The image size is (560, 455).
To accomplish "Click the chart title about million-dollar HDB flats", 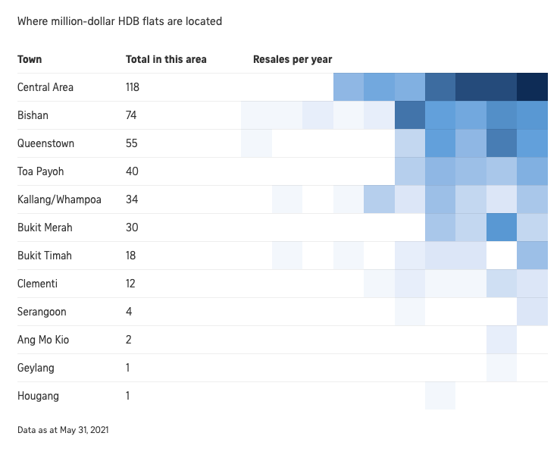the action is (120, 21).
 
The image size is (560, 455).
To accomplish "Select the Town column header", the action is (30, 59).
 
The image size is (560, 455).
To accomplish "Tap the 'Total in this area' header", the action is (166, 59).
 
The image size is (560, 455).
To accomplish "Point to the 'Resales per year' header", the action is (293, 59).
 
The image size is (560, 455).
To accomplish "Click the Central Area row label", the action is (45, 87).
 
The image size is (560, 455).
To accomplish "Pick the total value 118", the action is (133, 87).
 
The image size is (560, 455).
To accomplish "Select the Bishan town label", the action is (33, 115).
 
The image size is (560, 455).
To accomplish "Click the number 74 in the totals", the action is (131, 115).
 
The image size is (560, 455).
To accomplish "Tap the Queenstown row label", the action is (45, 143).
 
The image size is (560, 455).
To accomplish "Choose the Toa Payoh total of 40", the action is (132, 171).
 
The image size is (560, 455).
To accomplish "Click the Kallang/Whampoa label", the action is (59, 199).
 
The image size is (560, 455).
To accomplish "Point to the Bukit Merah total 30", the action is (132, 227).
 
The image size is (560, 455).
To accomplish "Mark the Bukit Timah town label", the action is (45, 256).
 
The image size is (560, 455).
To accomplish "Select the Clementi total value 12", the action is (130, 284).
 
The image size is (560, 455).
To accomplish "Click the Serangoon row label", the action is (42, 312).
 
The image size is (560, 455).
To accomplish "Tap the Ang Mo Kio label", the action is (43, 340).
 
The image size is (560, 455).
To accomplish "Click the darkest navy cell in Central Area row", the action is (532, 87).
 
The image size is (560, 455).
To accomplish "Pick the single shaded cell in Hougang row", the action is (440, 395).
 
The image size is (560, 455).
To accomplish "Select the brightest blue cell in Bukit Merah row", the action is (502, 227).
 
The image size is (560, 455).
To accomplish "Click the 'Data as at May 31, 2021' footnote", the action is (63, 430).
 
